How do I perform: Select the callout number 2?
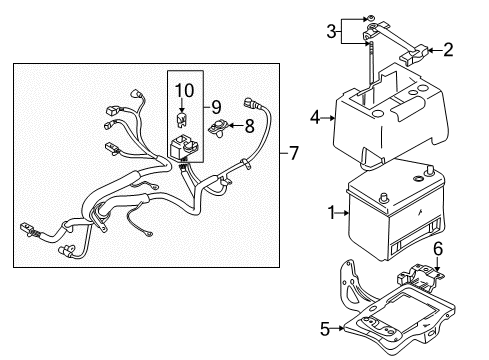point(448,47)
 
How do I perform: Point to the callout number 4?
point(317,118)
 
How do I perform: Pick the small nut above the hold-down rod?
point(371,19)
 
